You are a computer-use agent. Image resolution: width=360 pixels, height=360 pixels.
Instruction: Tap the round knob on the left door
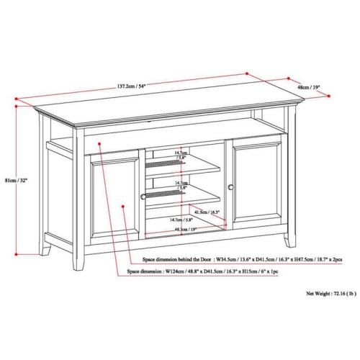pyautogui.click(x=143, y=195)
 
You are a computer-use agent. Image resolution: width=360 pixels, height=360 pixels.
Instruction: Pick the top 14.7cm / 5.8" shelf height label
pyautogui.click(x=180, y=155)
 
